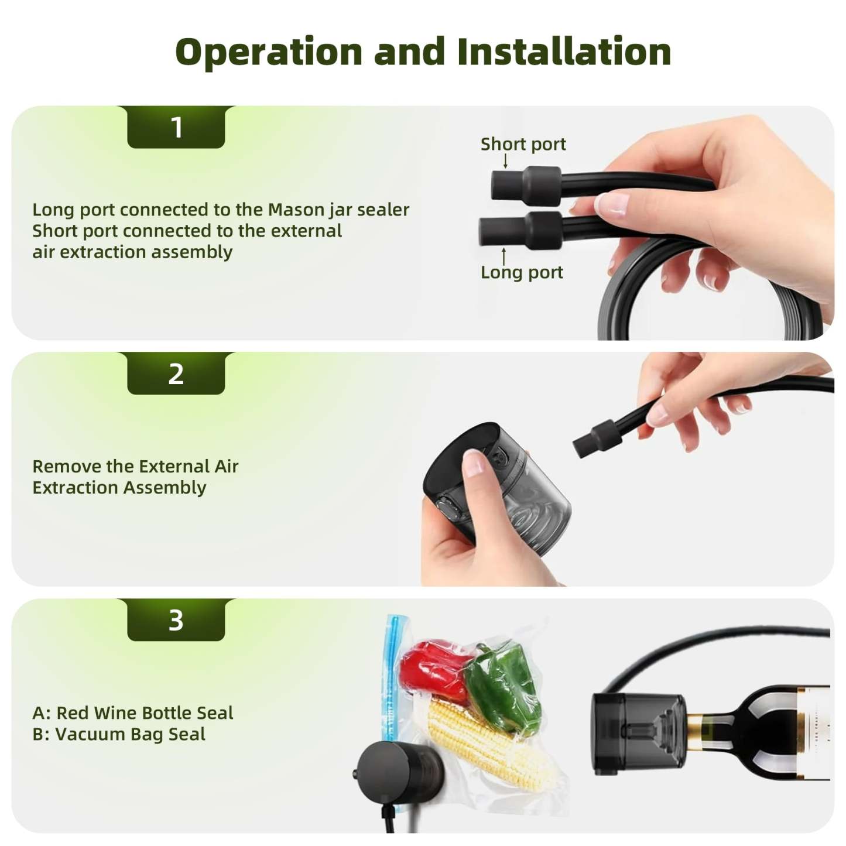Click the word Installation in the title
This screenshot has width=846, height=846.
click(564, 52)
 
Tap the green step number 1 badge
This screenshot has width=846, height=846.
click(176, 127)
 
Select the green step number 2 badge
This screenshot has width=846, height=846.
click(176, 374)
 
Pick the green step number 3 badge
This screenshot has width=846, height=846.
click(176, 620)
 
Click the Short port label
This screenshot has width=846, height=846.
click(523, 144)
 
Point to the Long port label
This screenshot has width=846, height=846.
click(522, 272)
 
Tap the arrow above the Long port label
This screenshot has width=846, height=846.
click(504, 255)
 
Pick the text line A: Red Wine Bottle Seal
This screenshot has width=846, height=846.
click(133, 713)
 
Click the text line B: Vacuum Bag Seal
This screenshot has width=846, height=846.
click(119, 734)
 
